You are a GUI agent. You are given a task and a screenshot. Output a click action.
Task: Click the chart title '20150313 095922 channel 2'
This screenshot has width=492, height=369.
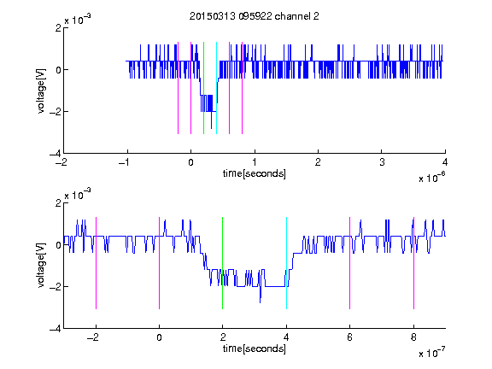[x=255, y=16]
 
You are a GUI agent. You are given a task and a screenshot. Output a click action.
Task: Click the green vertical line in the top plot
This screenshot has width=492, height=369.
[x=203, y=88]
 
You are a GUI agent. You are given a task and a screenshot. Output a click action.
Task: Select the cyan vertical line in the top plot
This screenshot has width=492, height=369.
[x=216, y=88]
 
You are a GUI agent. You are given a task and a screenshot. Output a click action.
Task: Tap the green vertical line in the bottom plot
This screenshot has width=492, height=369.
[x=222, y=263]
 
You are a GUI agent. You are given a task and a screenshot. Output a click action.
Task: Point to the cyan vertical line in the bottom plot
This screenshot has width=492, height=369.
[x=286, y=263]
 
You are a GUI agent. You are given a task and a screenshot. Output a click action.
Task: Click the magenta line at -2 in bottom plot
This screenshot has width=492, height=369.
[x=96, y=263]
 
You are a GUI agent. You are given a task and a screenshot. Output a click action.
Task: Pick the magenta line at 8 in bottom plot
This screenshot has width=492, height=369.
[x=413, y=263]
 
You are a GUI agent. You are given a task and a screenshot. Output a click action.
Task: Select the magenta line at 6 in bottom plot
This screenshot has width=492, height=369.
[x=350, y=263]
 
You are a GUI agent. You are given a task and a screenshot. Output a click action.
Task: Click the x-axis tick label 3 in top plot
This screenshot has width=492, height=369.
[x=382, y=162]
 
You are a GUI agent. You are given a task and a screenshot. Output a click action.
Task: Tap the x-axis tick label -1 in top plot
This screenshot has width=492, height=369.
[x=124, y=162]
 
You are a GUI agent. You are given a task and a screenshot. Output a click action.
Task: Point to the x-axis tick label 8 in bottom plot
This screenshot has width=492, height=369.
[x=413, y=337]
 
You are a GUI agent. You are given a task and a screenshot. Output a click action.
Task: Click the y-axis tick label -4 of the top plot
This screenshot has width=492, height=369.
[x=56, y=154]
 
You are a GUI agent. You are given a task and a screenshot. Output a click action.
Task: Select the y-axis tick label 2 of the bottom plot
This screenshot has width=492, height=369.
[x=58, y=203]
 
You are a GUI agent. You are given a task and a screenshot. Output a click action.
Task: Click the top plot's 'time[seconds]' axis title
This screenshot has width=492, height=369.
[x=255, y=173]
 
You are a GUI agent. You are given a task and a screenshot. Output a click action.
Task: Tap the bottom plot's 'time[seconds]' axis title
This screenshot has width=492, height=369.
[x=255, y=348]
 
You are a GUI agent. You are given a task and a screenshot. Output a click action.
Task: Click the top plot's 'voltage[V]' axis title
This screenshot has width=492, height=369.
[x=41, y=91]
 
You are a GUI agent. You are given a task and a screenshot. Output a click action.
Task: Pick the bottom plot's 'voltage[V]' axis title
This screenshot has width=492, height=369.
[x=41, y=266]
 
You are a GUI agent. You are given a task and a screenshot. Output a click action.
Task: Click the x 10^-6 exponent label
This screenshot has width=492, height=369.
[x=432, y=178]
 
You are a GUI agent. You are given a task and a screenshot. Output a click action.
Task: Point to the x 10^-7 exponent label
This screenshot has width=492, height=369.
[x=432, y=353]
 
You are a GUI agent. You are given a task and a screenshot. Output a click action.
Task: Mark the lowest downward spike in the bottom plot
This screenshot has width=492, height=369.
[x=261, y=302]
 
